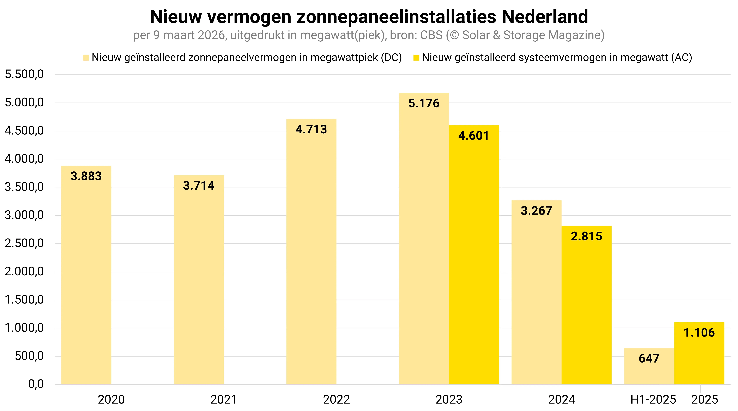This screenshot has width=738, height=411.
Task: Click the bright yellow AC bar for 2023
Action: click(474, 258)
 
